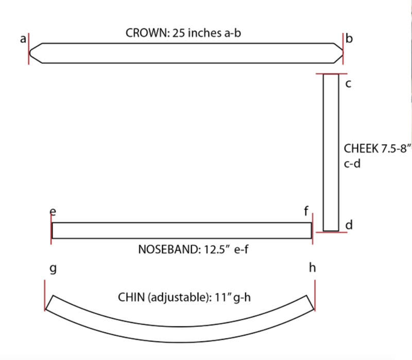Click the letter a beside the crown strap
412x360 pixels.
point(23,39)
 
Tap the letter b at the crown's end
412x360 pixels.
point(349,38)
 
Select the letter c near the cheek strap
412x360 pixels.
point(348,83)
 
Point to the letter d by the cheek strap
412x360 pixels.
point(349,225)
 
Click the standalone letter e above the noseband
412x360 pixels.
point(53,211)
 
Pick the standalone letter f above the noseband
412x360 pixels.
point(306,211)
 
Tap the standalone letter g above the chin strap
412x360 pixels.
point(53,269)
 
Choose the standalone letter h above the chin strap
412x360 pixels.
point(312,268)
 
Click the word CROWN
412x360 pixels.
point(148,33)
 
